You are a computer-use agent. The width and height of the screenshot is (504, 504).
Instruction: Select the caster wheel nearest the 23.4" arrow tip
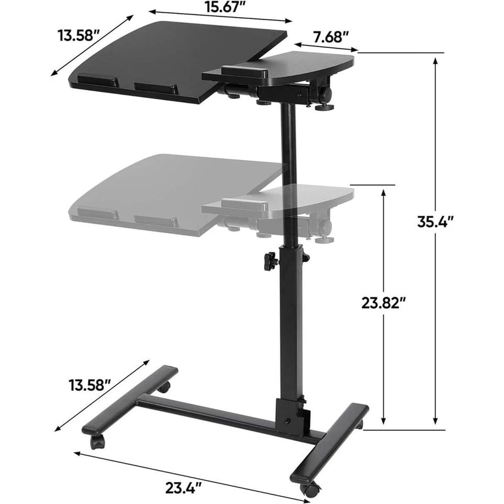(x=308, y=489)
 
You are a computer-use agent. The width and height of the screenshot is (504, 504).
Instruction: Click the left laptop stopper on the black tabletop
(x=96, y=81)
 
